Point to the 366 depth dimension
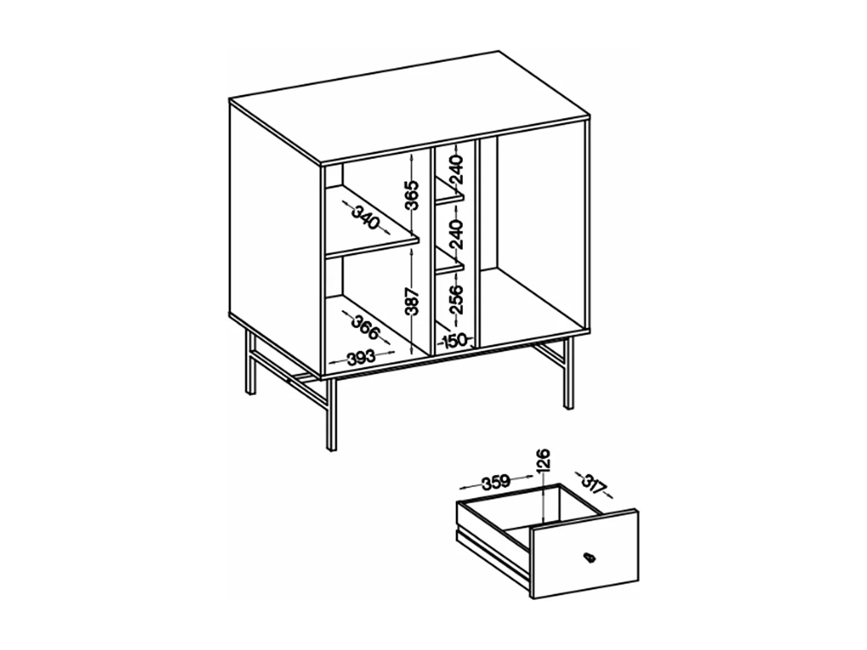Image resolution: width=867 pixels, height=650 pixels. (x=366, y=327)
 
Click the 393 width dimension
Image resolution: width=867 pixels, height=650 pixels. (x=362, y=357)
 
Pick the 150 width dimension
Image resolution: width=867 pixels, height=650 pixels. (x=455, y=340)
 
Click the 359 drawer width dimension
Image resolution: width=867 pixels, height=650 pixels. (x=495, y=481)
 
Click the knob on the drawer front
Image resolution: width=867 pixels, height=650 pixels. (x=589, y=558)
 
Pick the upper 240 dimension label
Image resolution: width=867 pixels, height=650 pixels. (x=457, y=169)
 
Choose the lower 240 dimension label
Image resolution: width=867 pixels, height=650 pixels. (x=457, y=233)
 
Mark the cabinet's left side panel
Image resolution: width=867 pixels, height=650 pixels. (x=275, y=231)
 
